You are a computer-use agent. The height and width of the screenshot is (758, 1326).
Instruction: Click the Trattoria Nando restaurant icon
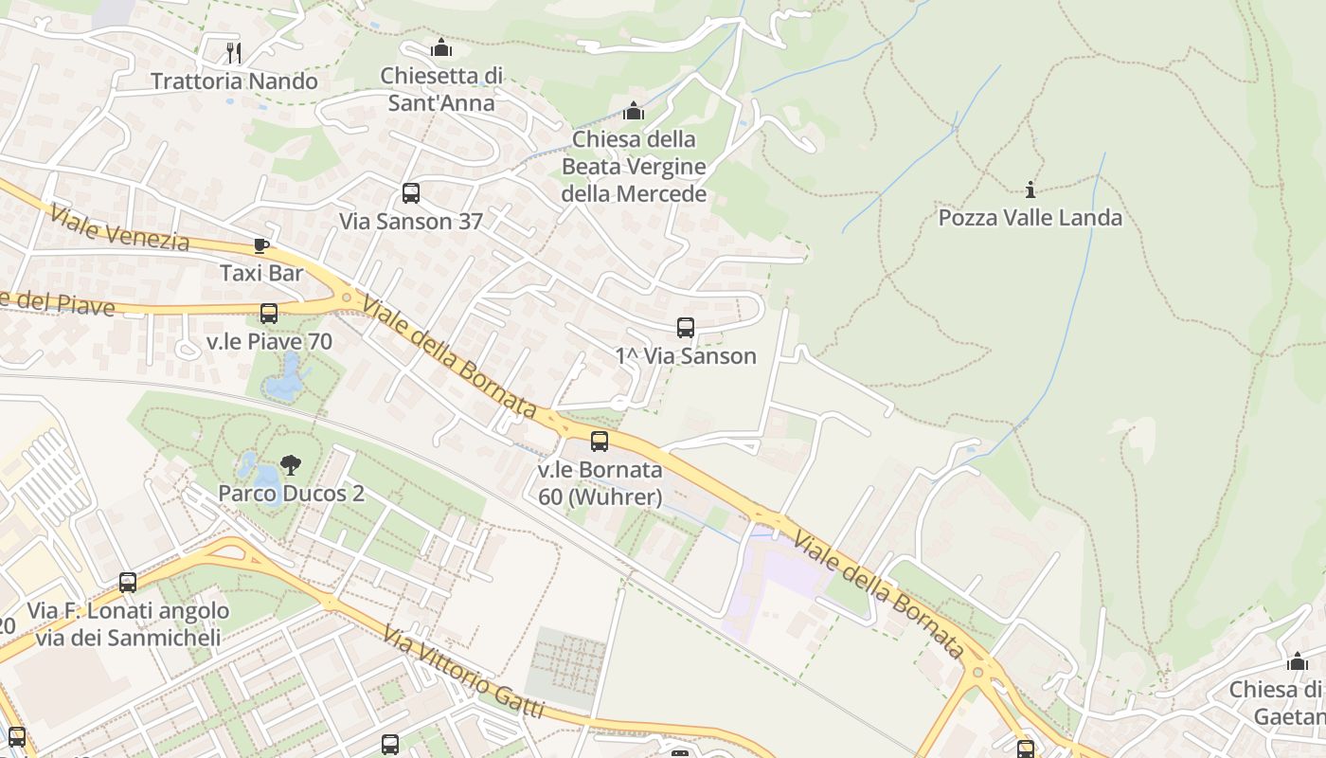234,51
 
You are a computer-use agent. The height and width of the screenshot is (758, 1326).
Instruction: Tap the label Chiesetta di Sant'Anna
441,89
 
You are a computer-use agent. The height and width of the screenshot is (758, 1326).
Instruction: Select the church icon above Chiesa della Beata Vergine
634,111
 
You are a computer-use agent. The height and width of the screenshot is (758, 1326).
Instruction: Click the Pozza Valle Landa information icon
1030,189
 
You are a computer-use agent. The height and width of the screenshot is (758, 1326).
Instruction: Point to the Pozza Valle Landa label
1030,218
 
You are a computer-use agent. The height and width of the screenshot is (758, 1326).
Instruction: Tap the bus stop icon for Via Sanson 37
411,193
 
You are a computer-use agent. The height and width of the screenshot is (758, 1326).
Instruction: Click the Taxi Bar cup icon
261,246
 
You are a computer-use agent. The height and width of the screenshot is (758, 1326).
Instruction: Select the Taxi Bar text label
261,274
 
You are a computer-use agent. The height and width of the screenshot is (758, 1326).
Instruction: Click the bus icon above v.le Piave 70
269,314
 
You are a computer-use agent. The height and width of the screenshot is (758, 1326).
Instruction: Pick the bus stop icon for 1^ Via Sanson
686,329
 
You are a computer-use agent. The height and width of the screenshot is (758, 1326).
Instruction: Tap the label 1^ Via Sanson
686,356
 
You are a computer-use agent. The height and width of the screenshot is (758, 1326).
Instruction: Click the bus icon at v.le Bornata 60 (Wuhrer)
600,442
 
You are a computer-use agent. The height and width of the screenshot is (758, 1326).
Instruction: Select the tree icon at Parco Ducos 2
291,465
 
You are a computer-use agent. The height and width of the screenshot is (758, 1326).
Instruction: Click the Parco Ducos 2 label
291,494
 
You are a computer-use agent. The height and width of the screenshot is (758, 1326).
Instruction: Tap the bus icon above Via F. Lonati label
128,583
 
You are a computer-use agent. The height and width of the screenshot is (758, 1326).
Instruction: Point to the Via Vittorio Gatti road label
464,671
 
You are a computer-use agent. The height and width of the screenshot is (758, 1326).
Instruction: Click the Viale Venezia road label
120,227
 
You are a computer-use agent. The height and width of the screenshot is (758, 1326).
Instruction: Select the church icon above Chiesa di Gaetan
1297,660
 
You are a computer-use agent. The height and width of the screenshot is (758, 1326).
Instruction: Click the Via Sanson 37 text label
411,222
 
